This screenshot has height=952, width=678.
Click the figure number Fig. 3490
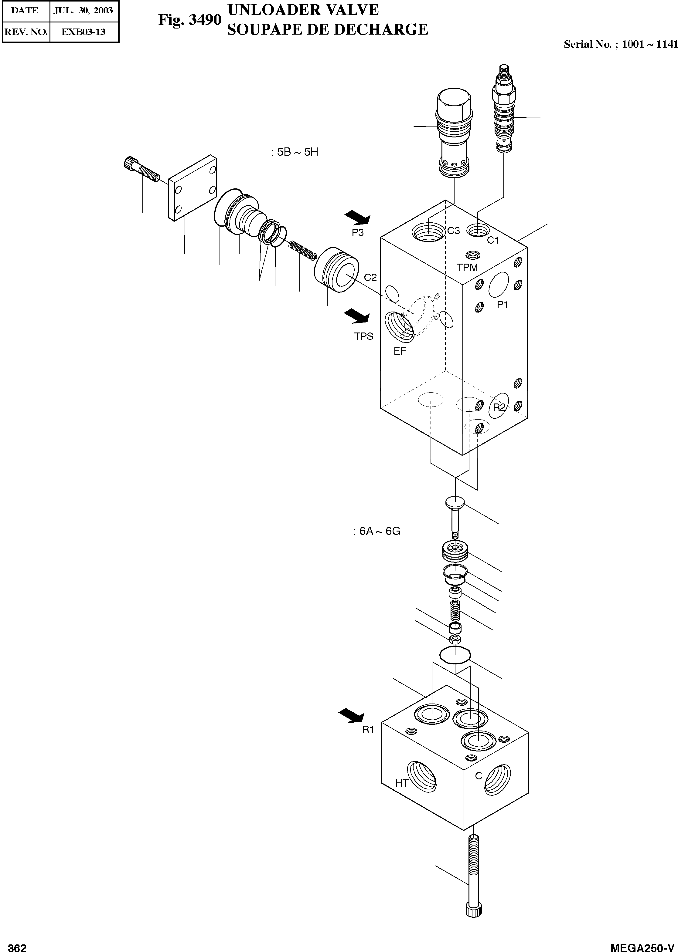pyautogui.click(x=189, y=20)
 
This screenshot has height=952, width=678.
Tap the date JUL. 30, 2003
pyautogui.click(x=83, y=10)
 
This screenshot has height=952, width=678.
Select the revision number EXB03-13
pyautogui.click(x=83, y=32)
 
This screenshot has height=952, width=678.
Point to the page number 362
pyautogui.click(x=17, y=945)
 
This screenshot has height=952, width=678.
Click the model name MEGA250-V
pyautogui.click(x=642, y=945)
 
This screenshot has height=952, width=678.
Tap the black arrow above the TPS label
pyautogui.click(x=357, y=316)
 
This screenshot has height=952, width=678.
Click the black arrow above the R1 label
pyautogui.click(x=352, y=716)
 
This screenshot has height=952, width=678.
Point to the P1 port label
pyautogui.click(x=502, y=305)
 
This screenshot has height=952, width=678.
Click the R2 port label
pyautogui.click(x=499, y=407)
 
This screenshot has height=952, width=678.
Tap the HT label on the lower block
pyautogui.click(x=402, y=783)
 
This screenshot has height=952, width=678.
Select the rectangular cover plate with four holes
pyautogui.click(x=192, y=188)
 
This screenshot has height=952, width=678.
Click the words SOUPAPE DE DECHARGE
pyautogui.click(x=327, y=29)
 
